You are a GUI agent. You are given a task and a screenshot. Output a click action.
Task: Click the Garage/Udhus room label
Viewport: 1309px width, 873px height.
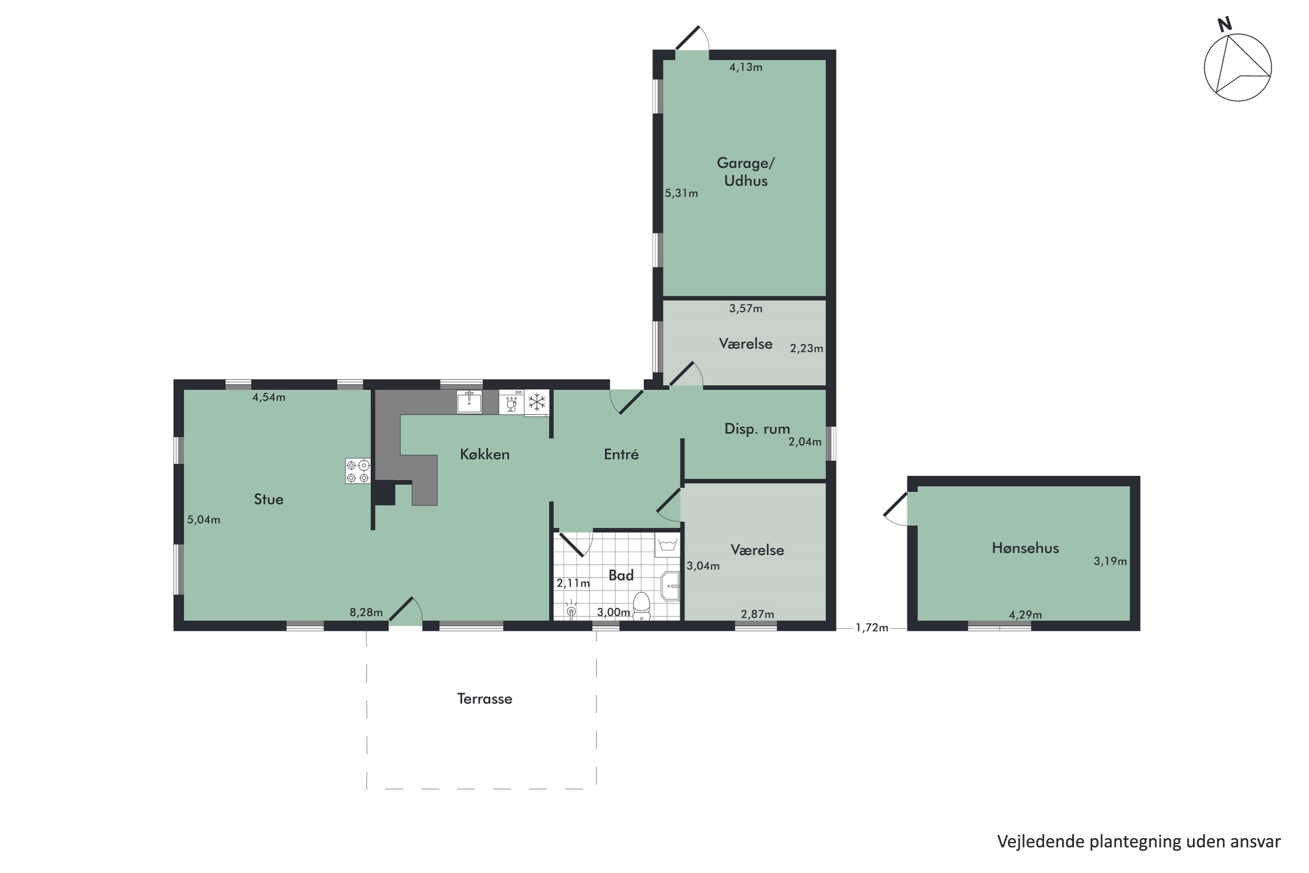click(745, 172)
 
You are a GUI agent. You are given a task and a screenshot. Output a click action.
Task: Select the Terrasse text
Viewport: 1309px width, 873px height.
click(485, 699)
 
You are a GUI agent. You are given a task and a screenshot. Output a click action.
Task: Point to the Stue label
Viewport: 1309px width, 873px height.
click(269, 499)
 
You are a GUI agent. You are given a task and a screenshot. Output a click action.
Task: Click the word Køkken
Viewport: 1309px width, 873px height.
click(485, 454)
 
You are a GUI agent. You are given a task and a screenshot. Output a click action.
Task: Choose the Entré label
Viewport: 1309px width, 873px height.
click(621, 454)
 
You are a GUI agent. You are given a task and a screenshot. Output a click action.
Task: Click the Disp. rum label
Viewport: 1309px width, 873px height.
click(757, 429)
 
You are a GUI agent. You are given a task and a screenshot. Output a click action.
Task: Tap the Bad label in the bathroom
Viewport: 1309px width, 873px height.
click(621, 575)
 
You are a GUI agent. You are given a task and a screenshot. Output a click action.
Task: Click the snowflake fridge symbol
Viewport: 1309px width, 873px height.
click(537, 402)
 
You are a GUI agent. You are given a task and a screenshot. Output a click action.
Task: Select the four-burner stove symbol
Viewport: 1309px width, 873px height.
click(358, 471)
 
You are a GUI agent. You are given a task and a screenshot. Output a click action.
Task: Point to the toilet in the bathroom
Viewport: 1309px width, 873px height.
click(642, 606)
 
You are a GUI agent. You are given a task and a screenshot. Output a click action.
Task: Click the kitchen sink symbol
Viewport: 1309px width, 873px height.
click(469, 402)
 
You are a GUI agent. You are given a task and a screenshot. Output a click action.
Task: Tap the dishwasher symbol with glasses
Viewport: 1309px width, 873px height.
click(511, 402)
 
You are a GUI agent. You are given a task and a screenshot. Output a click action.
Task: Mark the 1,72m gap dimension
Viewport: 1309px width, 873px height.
click(871, 628)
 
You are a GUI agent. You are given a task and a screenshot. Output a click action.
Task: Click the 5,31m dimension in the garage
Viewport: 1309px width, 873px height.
click(681, 193)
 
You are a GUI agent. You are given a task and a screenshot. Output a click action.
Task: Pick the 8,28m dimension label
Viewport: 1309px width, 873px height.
click(366, 612)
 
